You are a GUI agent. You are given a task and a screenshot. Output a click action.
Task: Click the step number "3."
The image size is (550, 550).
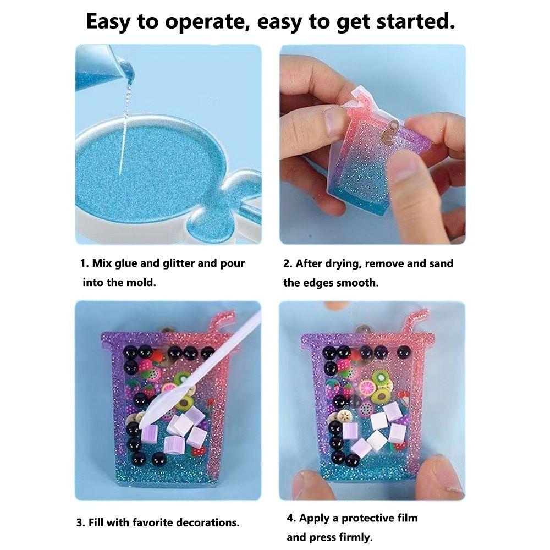(80, 522)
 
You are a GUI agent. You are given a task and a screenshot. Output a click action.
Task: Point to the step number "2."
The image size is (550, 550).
(288, 263)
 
